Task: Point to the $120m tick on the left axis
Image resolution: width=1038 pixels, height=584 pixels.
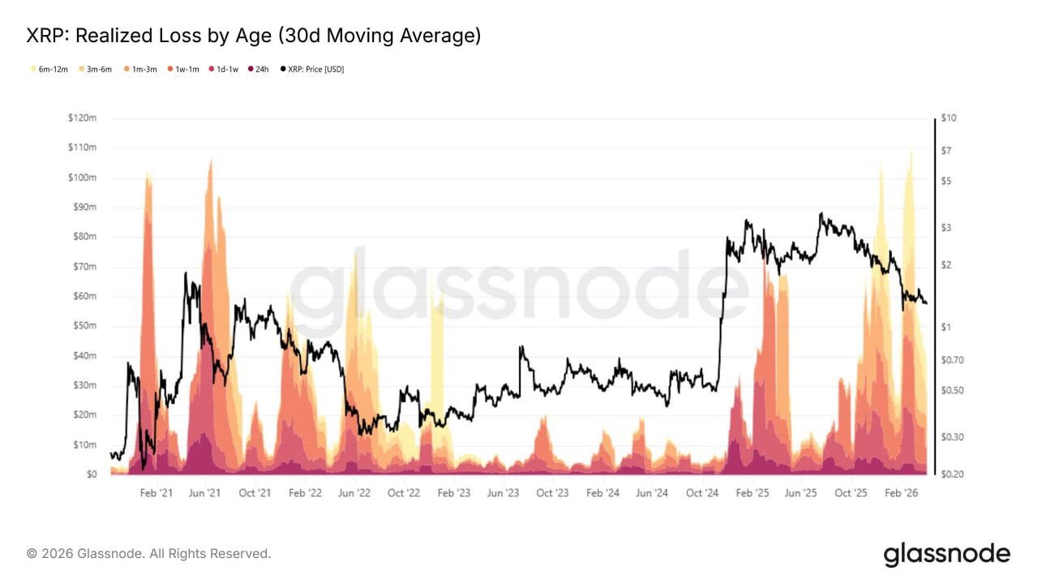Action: point(82,118)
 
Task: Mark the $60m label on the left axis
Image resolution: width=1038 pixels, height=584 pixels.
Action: point(84,297)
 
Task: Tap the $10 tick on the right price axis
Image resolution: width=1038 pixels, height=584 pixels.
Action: point(949,118)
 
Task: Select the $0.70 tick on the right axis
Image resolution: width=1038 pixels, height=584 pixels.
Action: point(953,360)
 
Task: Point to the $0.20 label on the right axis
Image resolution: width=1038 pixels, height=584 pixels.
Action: point(953,474)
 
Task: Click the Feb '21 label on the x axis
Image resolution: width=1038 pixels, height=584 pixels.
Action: point(157,493)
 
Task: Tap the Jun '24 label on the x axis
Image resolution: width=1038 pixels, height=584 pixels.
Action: point(652,493)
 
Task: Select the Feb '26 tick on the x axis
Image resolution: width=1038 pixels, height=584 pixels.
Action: point(901,493)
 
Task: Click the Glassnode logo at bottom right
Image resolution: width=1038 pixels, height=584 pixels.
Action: point(946,555)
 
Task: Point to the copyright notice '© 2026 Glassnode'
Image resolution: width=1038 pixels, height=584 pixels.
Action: point(149,554)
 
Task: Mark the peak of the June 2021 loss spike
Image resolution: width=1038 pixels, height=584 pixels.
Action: point(211,160)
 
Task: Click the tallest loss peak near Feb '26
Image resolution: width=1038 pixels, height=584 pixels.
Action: point(911,151)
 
